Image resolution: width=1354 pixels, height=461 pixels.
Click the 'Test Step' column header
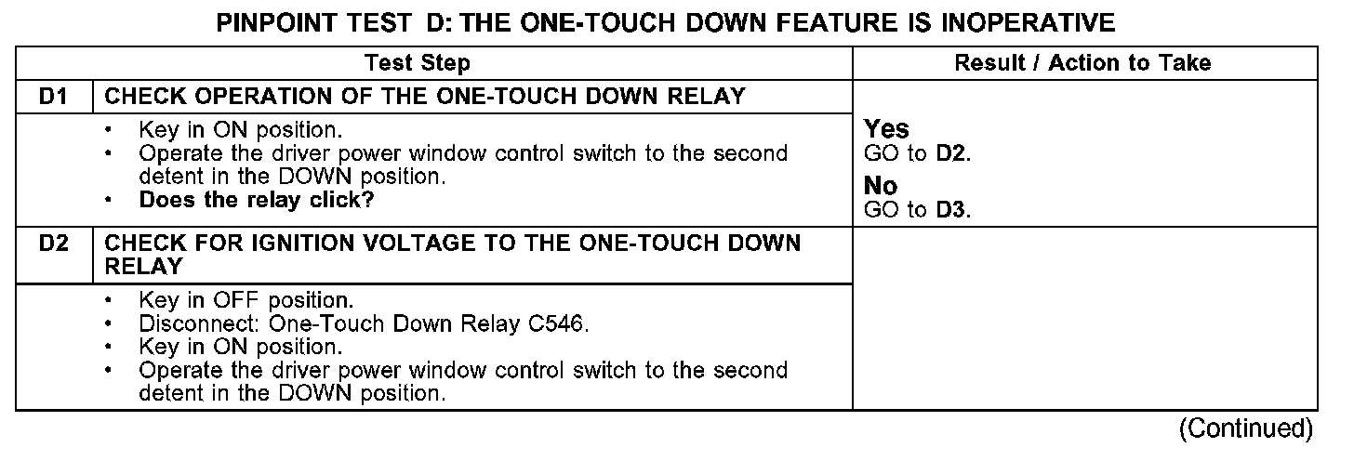pos(418,63)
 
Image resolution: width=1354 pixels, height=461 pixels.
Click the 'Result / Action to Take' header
pos(1082,63)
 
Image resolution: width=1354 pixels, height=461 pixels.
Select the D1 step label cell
pos(53,96)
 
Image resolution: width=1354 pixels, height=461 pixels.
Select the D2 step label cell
pos(53,244)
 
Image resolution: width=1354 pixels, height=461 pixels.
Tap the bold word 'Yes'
pos(886,129)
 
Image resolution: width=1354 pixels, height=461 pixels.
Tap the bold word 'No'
pos(880,187)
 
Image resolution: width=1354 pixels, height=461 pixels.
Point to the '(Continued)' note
pos(1245,428)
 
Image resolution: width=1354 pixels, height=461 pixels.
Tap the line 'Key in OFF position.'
pos(246,301)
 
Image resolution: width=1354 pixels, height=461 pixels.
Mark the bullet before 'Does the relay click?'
pos(111,200)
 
